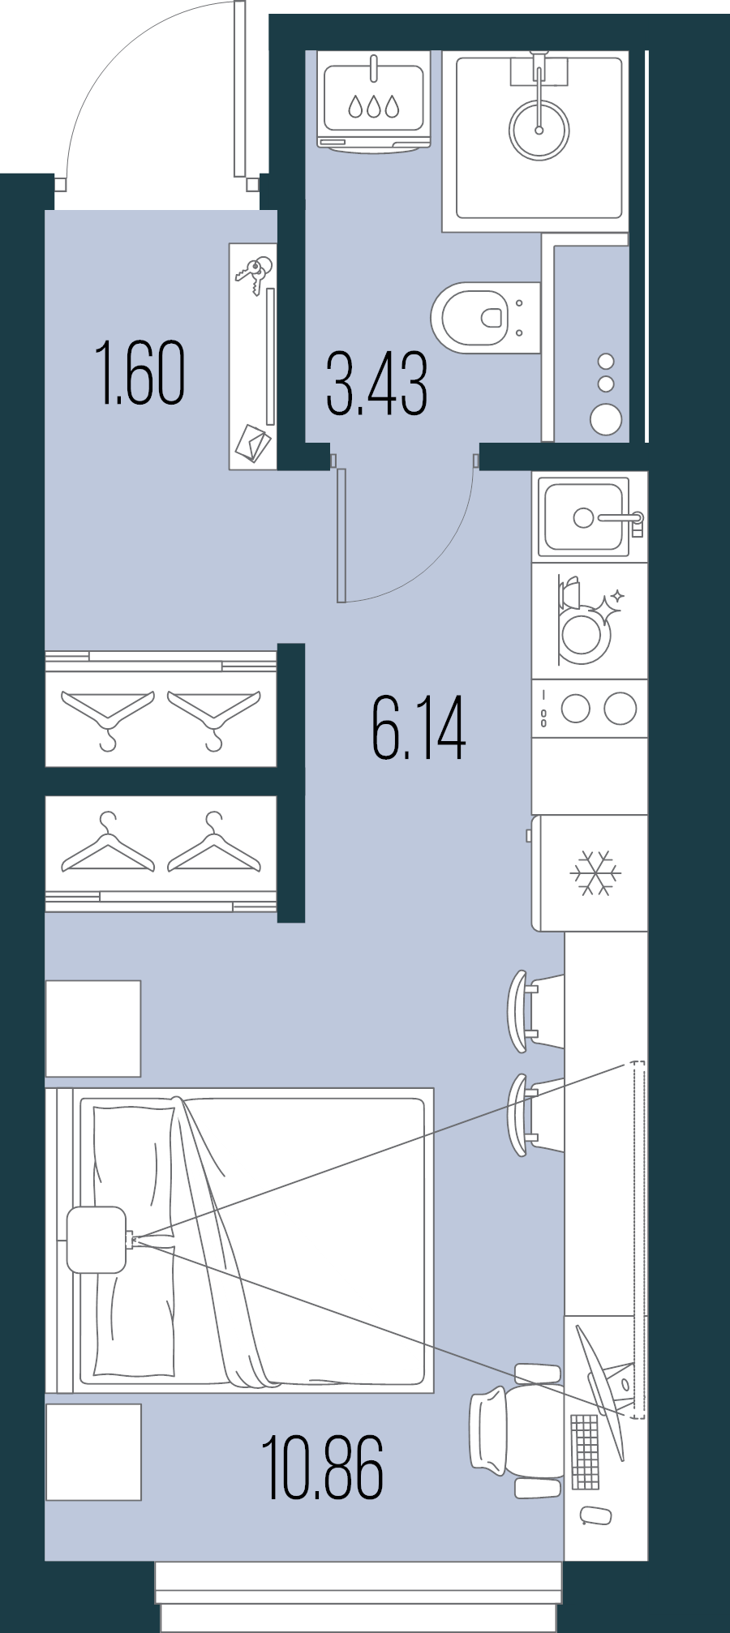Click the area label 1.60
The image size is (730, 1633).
coord(140,373)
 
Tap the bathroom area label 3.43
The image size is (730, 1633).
coord(376,384)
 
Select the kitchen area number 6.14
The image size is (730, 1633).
coord(419,728)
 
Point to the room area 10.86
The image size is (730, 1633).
coord(322,1468)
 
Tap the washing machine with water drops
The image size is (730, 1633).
coord(374,101)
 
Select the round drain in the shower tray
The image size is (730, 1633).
coord(539,129)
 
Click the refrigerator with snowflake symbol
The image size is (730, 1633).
coord(595,873)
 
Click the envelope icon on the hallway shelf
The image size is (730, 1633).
coord(253,443)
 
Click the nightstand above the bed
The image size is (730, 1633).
coord(93,1028)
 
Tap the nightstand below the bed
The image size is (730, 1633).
coord(93,1452)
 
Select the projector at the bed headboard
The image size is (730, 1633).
coord(97,1239)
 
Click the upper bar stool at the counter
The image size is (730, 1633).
coord(531,1011)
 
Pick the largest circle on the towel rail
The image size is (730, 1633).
coord(606,419)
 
